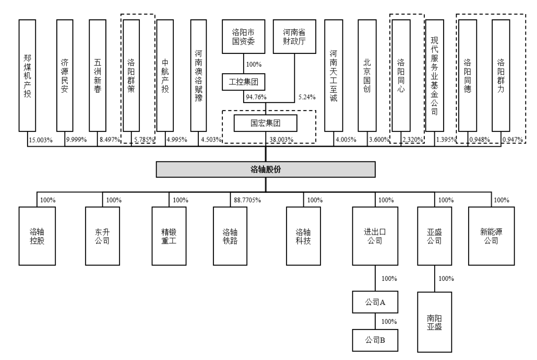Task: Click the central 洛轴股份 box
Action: (265, 170)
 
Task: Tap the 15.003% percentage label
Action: (40, 140)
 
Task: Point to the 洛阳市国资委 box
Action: (243, 37)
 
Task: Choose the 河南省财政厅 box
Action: (294, 37)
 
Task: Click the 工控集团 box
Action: (243, 82)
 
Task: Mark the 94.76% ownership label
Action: (255, 97)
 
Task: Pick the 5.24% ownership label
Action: (307, 97)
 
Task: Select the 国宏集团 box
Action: (265, 124)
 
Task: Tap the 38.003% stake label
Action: (282, 140)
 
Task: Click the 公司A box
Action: (373, 302)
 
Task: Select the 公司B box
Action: (373, 341)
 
